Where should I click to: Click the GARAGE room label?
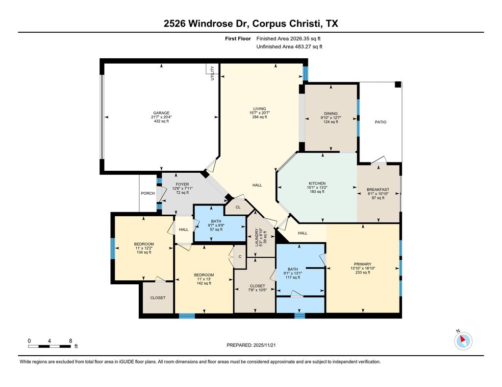(x=161, y=113)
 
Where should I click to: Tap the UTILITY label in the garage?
(x=212, y=73)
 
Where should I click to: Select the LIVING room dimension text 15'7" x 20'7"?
(x=260, y=113)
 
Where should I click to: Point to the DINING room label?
(x=331, y=114)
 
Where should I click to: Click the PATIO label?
(x=380, y=122)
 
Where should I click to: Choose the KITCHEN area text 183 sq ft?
(x=317, y=192)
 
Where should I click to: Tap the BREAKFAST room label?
(x=378, y=189)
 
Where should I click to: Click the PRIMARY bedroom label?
(x=363, y=264)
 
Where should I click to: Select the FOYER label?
(x=182, y=184)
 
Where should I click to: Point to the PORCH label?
(x=148, y=193)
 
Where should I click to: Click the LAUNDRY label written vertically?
(x=257, y=237)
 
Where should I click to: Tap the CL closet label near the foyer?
(x=238, y=207)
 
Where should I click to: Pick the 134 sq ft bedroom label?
(x=144, y=244)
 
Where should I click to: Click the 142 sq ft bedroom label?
(x=204, y=275)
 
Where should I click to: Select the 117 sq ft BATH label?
(x=293, y=269)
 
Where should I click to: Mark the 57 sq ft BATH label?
(x=216, y=221)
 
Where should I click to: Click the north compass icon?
(x=463, y=341)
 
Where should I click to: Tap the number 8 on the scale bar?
(x=71, y=341)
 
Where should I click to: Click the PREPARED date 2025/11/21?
(x=264, y=345)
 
